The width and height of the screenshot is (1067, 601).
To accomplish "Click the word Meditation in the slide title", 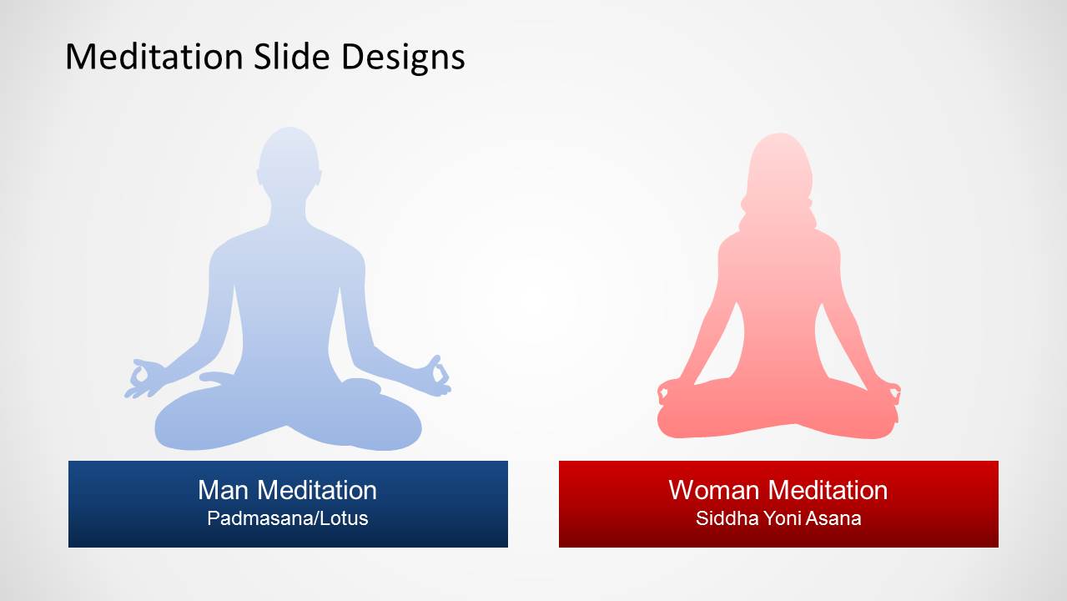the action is [x=154, y=57].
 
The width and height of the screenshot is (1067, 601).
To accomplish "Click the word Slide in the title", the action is [x=291, y=57].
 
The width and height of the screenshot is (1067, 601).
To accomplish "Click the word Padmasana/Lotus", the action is [x=288, y=518].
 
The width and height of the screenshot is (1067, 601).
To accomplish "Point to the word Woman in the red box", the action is [x=713, y=490].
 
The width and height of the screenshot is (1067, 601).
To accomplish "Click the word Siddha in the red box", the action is [x=727, y=518].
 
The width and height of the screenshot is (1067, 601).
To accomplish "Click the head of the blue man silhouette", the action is [x=289, y=162].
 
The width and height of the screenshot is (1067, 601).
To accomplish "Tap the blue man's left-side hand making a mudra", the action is [x=143, y=379].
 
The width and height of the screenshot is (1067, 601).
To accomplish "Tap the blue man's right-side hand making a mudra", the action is [x=437, y=376].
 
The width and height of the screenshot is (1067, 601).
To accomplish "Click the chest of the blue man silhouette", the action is [x=288, y=267].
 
